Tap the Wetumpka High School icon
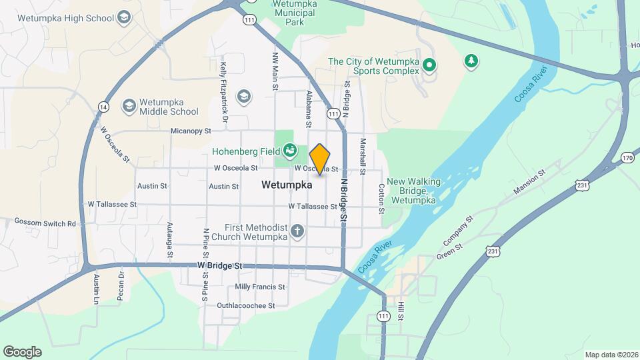click(x=123, y=17)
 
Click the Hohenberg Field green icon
click(x=290, y=151)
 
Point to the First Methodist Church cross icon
click(x=297, y=233)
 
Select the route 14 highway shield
click(x=103, y=107)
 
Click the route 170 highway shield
click(x=626, y=158)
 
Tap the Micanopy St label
click(x=190, y=131)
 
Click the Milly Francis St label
click(x=260, y=287)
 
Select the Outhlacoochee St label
click(x=246, y=306)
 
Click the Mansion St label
click(x=529, y=182)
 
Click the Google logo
click(x=22, y=352)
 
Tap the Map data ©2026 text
click(x=611, y=355)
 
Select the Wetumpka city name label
click(x=287, y=185)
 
